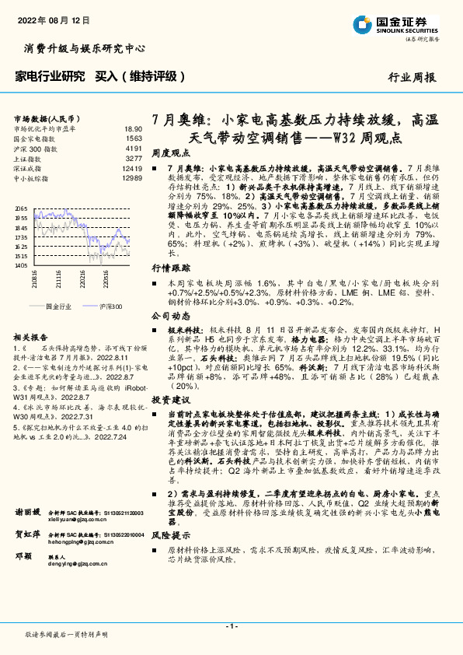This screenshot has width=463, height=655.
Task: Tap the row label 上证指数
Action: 28,156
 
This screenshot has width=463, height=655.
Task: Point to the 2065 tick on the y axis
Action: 22,208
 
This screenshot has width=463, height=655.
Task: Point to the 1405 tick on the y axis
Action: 22,265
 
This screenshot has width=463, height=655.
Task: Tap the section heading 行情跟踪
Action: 169,267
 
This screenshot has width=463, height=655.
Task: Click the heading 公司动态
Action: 169,317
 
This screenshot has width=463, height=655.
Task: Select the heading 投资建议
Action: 169,398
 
